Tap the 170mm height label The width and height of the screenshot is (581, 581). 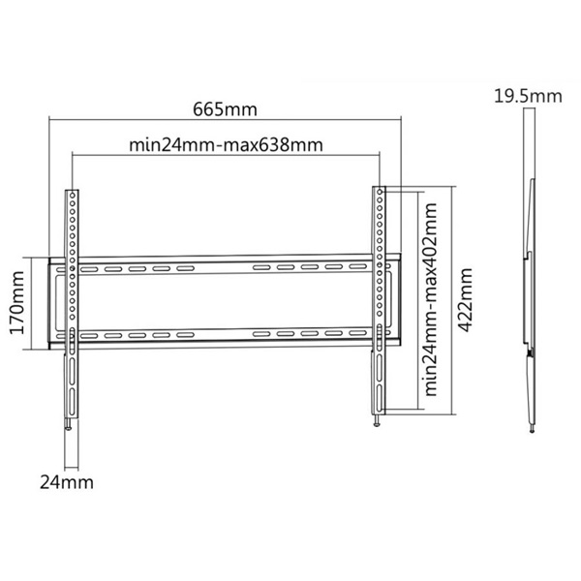pyautogui.click(x=16, y=303)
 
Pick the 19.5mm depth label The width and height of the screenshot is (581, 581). pyautogui.click(x=527, y=96)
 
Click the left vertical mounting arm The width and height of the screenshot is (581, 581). pyautogui.click(x=71, y=290)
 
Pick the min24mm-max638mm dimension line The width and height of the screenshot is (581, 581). pyautogui.click(x=226, y=156)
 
